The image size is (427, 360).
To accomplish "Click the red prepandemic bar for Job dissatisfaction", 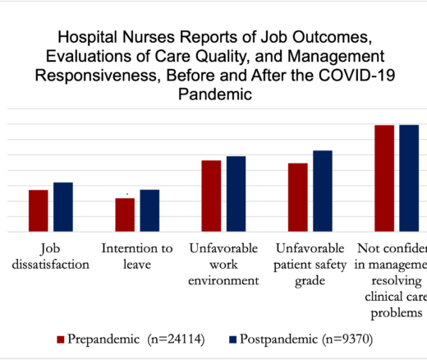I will point(39,211).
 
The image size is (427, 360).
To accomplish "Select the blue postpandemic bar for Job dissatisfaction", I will point(63,207).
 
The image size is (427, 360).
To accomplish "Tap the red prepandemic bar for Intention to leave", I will point(125,215).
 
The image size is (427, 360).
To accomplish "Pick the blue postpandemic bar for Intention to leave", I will point(149,211).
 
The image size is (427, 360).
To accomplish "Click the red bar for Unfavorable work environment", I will point(212,196).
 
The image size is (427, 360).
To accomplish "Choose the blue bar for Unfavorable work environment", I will point(236,194).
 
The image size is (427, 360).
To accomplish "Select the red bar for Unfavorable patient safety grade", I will point(298,198).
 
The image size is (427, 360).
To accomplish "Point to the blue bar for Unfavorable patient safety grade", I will point(323,192).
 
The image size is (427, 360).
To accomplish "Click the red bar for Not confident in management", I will point(384,178).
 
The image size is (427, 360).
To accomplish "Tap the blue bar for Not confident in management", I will point(409,178).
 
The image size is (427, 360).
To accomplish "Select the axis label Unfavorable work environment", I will point(223,265).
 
